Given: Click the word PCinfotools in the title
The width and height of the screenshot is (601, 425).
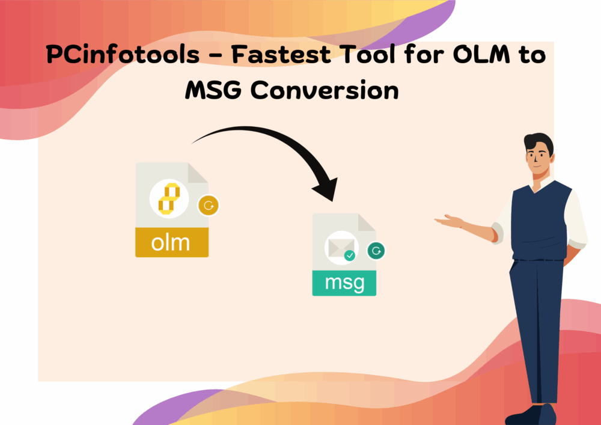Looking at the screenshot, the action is [x=123, y=54].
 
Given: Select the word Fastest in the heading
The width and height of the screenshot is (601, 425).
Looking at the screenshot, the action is [x=281, y=54].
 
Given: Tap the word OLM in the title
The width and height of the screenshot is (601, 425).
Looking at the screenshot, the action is [x=481, y=54].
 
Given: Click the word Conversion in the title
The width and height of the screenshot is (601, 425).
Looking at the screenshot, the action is [x=325, y=90].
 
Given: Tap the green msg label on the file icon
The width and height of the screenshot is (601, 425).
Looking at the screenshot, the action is [x=344, y=283].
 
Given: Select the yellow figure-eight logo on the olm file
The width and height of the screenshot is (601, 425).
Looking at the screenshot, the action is [x=169, y=198].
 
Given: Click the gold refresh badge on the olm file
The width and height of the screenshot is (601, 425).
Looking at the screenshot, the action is [x=209, y=206].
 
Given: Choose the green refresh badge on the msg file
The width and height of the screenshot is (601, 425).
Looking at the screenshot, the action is [x=376, y=251].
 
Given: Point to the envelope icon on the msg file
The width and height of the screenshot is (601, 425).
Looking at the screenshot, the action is [x=341, y=248].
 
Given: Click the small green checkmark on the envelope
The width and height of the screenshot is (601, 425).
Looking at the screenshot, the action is [x=350, y=255].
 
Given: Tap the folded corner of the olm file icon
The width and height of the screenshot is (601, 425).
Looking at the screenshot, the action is [x=198, y=173].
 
